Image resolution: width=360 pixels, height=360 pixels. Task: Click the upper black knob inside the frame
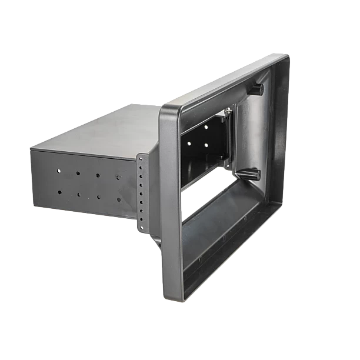pos(257,89)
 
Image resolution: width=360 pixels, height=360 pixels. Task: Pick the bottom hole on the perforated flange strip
pos(141,223)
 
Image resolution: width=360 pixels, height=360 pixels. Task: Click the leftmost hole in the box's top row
pos(59,171)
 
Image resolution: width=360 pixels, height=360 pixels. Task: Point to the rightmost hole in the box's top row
pos(118,176)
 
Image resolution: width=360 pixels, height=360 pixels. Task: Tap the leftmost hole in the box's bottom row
pos(59,192)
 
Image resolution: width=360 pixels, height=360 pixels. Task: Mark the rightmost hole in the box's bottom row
pos(118,199)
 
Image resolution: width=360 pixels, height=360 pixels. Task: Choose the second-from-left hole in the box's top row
pos(78,173)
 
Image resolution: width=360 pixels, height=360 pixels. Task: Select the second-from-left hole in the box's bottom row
pos(78,194)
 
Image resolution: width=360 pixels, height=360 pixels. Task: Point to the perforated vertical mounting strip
pos(141,191)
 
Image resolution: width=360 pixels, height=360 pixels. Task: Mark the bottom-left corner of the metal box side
pos(33,200)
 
